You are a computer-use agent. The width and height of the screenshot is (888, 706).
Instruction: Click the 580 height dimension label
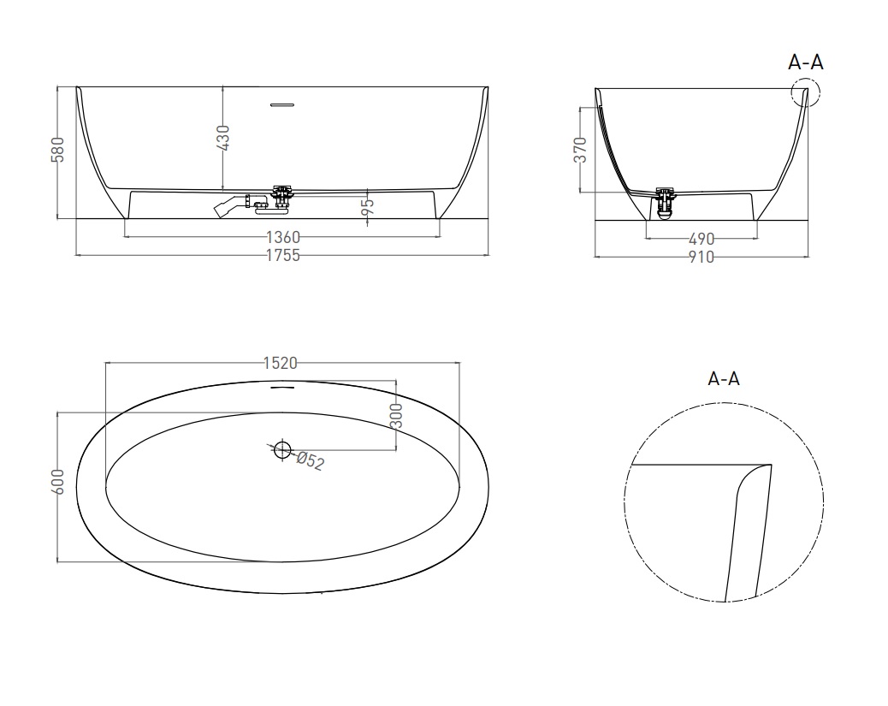click(x=58, y=150)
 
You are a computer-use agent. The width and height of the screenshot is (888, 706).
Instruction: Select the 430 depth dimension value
click(x=223, y=138)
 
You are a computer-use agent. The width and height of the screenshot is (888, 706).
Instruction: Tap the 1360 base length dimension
click(x=282, y=237)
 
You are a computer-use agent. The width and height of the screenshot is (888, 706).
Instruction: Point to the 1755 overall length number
click(x=282, y=256)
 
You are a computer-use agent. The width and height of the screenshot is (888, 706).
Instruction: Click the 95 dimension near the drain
click(x=368, y=205)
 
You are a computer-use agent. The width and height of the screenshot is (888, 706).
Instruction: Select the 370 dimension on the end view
click(x=581, y=150)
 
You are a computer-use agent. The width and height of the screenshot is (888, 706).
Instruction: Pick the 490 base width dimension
click(x=702, y=239)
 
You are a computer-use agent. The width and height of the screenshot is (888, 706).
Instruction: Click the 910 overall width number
click(x=702, y=258)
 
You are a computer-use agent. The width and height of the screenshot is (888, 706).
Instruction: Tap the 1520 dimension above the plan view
click(x=281, y=363)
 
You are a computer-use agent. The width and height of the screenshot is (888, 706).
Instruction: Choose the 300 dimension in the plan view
click(x=396, y=415)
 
